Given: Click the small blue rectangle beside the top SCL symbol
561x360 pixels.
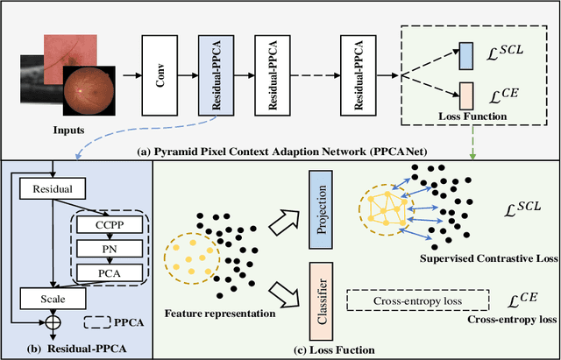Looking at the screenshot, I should click(x=466, y=53).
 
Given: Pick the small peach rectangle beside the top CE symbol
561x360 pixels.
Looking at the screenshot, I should click(x=466, y=92).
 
